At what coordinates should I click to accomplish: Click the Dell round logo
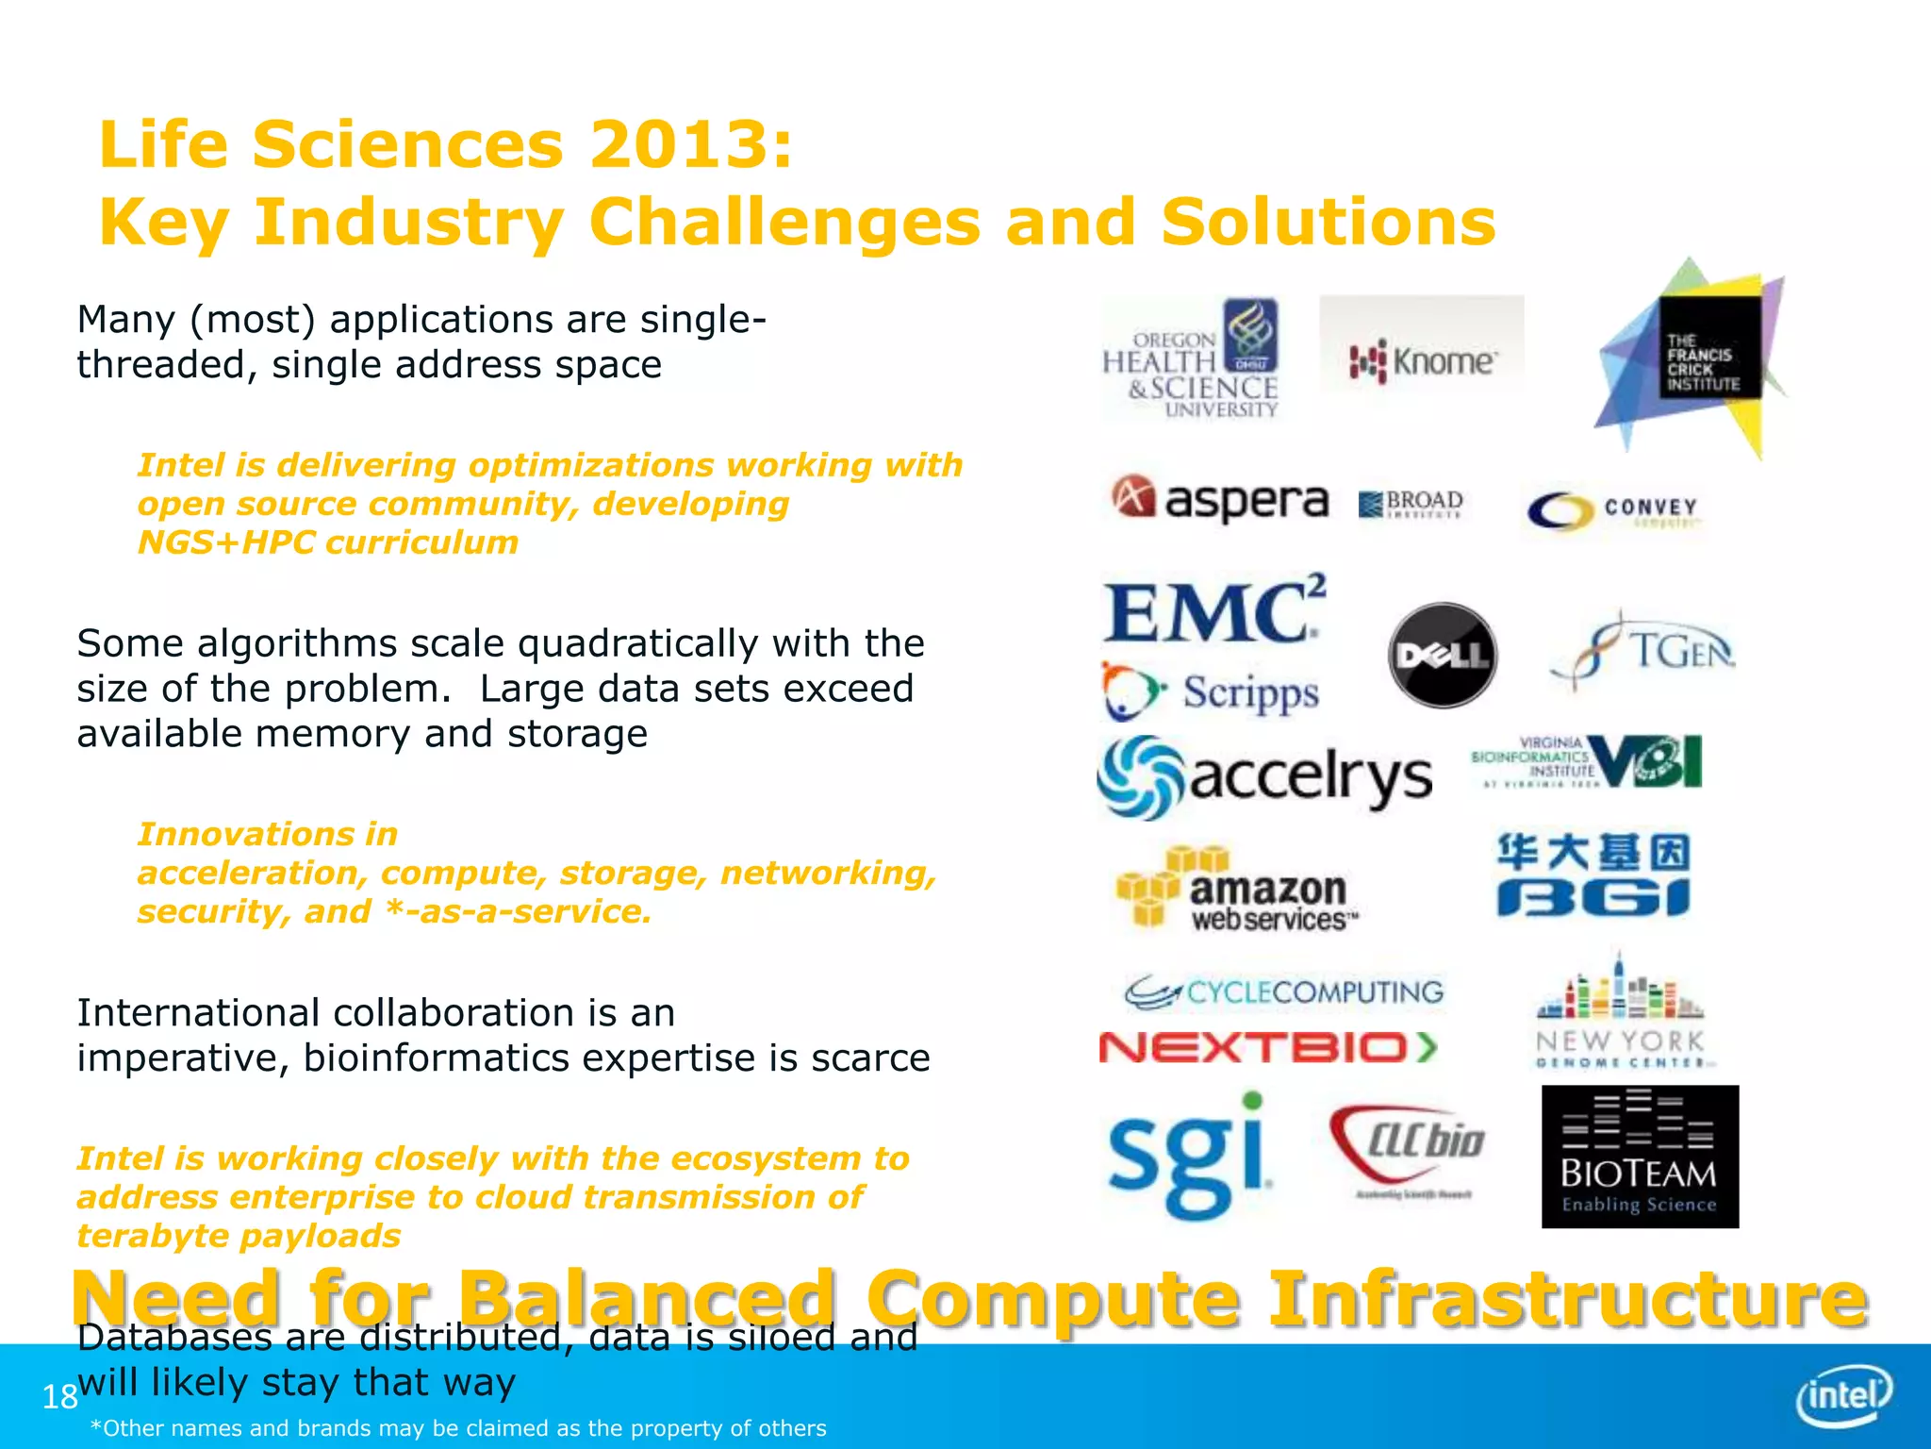[x=1443, y=655]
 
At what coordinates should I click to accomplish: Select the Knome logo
[x=1422, y=360]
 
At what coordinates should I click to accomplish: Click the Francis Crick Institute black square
[x=1709, y=348]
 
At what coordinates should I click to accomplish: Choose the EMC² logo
[x=1214, y=611]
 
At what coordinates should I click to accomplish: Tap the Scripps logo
[x=1212, y=692]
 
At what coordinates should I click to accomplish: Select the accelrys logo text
[x=1311, y=777]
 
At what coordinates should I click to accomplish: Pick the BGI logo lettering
[x=1593, y=896]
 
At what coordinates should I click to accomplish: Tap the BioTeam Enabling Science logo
[x=1640, y=1157]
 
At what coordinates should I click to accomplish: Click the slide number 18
[x=59, y=1396]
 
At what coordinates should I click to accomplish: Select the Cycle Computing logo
[x=1284, y=991]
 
